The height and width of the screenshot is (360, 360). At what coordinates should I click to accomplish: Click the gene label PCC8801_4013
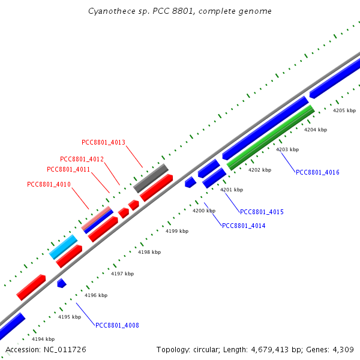103,142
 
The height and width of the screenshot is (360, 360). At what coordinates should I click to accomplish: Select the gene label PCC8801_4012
82,159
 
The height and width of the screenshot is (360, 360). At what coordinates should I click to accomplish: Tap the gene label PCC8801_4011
68,169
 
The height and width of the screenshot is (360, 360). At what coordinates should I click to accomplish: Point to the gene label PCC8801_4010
49,184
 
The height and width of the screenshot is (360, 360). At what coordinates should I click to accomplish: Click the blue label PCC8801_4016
317,172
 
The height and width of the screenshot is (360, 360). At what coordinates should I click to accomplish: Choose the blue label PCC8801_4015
262,212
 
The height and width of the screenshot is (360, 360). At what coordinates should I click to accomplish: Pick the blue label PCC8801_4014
244,226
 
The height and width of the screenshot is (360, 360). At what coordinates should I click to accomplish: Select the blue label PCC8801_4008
117,325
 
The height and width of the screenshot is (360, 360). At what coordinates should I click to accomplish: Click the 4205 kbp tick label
344,110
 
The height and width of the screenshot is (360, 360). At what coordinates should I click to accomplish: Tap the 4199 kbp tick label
177,231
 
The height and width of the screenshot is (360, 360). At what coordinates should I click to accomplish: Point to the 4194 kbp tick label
43,339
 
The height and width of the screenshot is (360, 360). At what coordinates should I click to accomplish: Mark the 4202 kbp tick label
260,170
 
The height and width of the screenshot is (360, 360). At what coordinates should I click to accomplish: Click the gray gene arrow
151,178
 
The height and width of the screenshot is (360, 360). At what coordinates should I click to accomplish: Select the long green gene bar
271,138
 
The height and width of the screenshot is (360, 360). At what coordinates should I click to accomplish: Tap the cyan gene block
64,247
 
